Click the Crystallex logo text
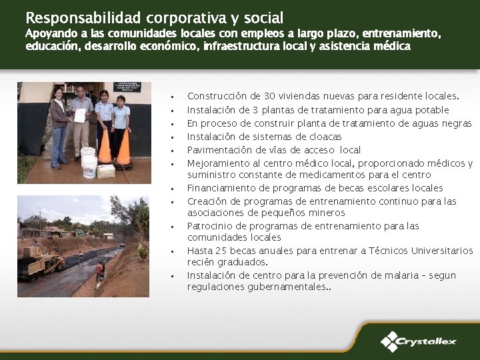click(427, 342)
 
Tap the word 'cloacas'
click(324, 137)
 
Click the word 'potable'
click(433, 110)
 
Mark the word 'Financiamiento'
click(221, 188)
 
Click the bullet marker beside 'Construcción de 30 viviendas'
click(172, 98)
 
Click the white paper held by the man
click(80, 115)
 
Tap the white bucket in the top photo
click(89, 163)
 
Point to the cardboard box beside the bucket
click(107, 171)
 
